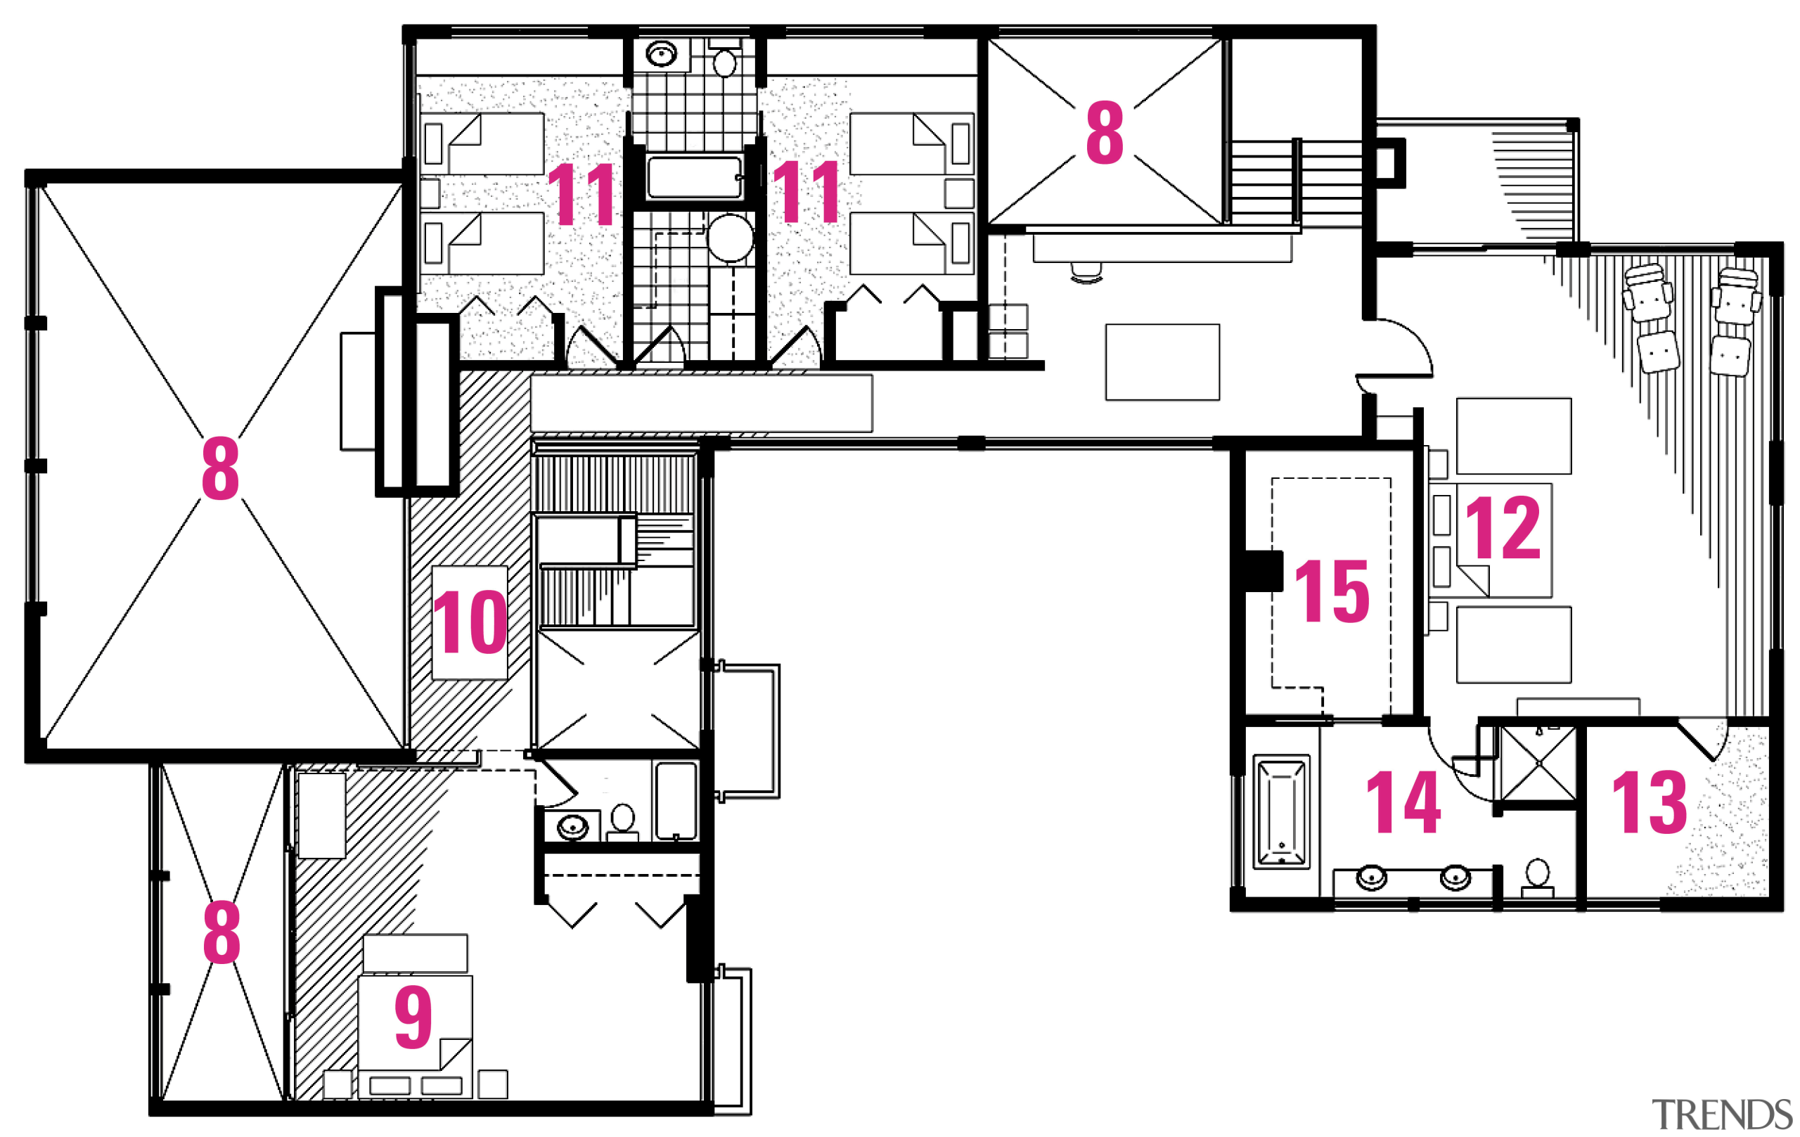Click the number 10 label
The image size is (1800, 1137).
pos(470,622)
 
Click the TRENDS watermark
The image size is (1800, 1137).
pos(1721,1114)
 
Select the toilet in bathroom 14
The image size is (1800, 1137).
pos(1538,876)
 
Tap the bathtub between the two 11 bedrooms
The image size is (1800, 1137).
pos(695,177)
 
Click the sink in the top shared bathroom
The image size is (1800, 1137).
pos(662,54)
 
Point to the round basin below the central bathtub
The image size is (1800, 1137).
pos(731,238)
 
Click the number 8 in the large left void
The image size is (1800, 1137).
pos(220,469)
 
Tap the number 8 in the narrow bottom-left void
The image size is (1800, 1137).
pos(221,932)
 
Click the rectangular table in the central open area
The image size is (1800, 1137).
pos(1162,362)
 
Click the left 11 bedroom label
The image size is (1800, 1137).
pos(581,194)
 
